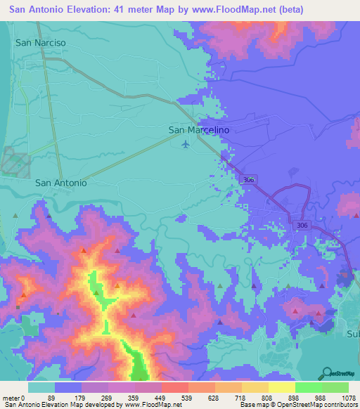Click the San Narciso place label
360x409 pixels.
tap(41, 43)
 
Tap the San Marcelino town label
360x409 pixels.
tap(199, 130)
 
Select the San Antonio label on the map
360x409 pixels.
tap(61, 183)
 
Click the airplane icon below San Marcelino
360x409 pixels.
tap(186, 145)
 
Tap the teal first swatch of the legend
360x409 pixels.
tap(41, 387)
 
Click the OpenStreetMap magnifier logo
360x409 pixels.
tap(328, 372)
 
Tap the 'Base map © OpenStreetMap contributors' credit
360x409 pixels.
tap(297, 404)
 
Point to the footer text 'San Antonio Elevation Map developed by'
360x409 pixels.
tap(62, 404)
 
